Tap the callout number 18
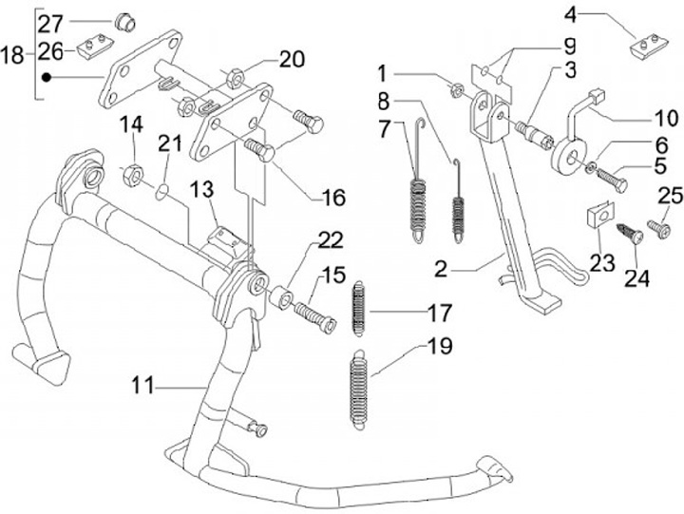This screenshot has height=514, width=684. click(x=13, y=56)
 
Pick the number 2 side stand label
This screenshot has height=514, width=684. click(x=439, y=268)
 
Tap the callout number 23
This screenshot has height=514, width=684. click(x=602, y=261)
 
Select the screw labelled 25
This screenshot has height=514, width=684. click(x=658, y=230)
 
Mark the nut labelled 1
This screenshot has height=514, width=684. click(x=456, y=91)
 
